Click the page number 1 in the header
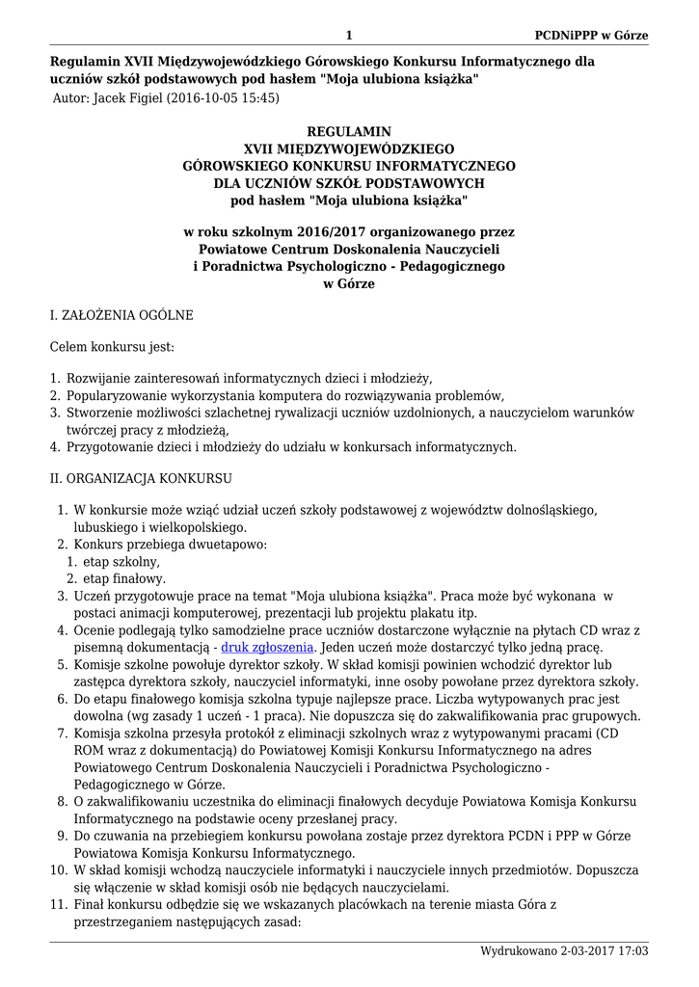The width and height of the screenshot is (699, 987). [349, 36]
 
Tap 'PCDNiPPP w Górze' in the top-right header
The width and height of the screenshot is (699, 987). [591, 36]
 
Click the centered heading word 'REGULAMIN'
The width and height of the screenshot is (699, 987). [349, 131]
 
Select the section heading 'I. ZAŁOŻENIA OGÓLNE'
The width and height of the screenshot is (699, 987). [121, 315]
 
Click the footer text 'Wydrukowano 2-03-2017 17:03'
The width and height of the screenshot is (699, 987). [564, 951]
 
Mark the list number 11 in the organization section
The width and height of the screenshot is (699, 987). [56, 904]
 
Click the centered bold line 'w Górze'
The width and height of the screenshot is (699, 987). [349, 284]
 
